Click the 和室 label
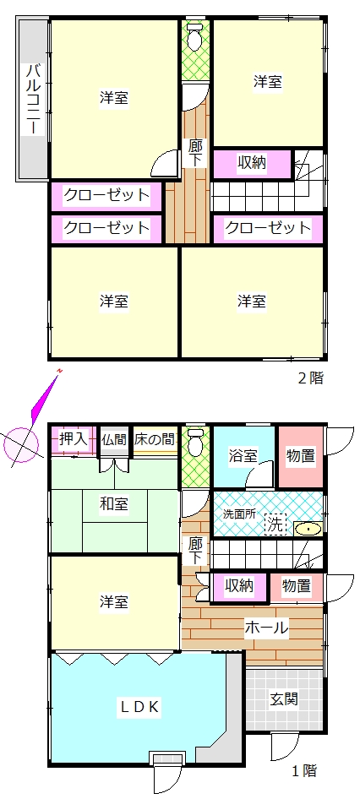pyautogui.click(x=114, y=504)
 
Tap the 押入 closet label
pyautogui.click(x=74, y=438)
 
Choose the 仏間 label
pyautogui.click(x=114, y=438)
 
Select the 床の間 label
pyautogui.click(x=155, y=438)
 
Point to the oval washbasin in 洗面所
pyautogui.click(x=308, y=529)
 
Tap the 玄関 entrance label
pyautogui.click(x=283, y=698)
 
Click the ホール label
pyautogui.click(x=267, y=626)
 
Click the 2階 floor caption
pyautogui.click(x=310, y=378)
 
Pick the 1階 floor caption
pyautogui.click(x=303, y=770)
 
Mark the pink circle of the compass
pyautogui.click(x=21, y=444)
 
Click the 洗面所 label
pyautogui.click(x=240, y=514)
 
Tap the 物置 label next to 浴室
pyautogui.click(x=300, y=455)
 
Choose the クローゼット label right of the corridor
pyautogui.click(x=267, y=227)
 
